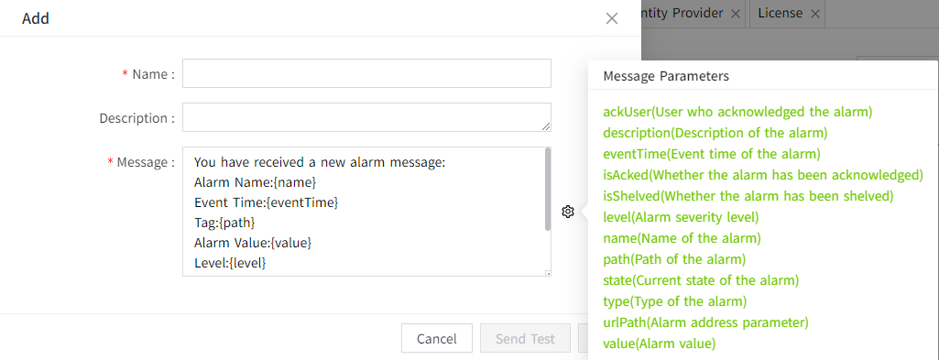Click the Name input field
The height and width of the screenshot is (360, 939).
pyautogui.click(x=366, y=73)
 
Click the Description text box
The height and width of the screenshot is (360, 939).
pyautogui.click(x=366, y=117)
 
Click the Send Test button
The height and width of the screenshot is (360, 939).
pyautogui.click(x=525, y=338)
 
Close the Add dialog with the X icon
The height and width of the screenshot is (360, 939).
pyautogui.click(x=612, y=17)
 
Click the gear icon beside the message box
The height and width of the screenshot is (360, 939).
pyautogui.click(x=568, y=212)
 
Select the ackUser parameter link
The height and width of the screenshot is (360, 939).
pyautogui.click(x=737, y=112)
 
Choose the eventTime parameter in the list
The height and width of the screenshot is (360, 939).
pyautogui.click(x=711, y=154)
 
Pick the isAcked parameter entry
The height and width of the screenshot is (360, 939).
pyautogui.click(x=762, y=175)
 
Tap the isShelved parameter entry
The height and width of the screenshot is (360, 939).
pyautogui.click(x=748, y=196)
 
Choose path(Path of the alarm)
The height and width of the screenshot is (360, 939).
pyautogui.click(x=674, y=259)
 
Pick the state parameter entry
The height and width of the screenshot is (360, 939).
pyautogui.click(x=701, y=280)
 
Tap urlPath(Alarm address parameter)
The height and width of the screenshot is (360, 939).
pyautogui.click(x=705, y=322)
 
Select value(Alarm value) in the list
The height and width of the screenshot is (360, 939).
pyautogui.click(x=659, y=344)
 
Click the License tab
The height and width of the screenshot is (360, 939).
pyautogui.click(x=780, y=13)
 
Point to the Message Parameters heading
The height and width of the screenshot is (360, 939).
pyautogui.click(x=665, y=76)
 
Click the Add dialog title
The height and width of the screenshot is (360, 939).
pyautogui.click(x=36, y=17)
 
